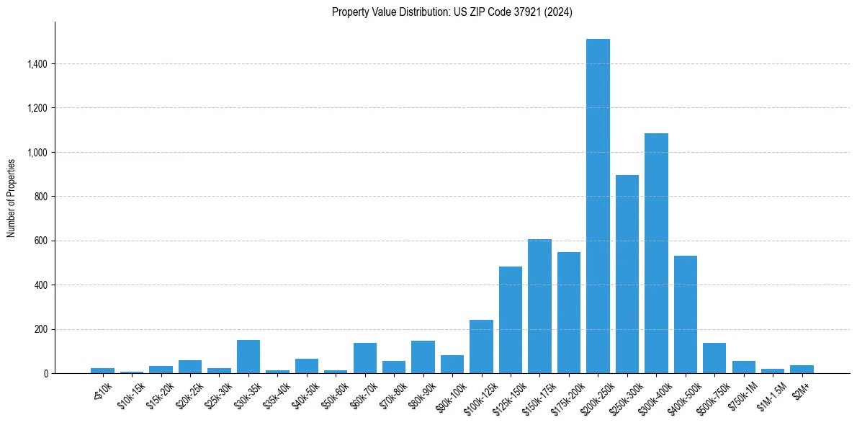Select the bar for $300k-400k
(x=656, y=253)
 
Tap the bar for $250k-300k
(x=627, y=274)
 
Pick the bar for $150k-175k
(x=539, y=306)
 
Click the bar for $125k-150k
(x=511, y=320)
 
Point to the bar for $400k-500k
(x=685, y=314)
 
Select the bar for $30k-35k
(x=248, y=357)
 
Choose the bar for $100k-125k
(x=481, y=346)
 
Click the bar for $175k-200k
(x=569, y=313)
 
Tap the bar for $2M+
(x=802, y=369)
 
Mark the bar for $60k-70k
(x=365, y=358)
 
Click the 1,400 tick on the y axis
(x=37, y=64)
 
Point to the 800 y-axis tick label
(x=41, y=197)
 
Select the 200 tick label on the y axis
(x=41, y=329)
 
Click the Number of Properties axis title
(x=11, y=198)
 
